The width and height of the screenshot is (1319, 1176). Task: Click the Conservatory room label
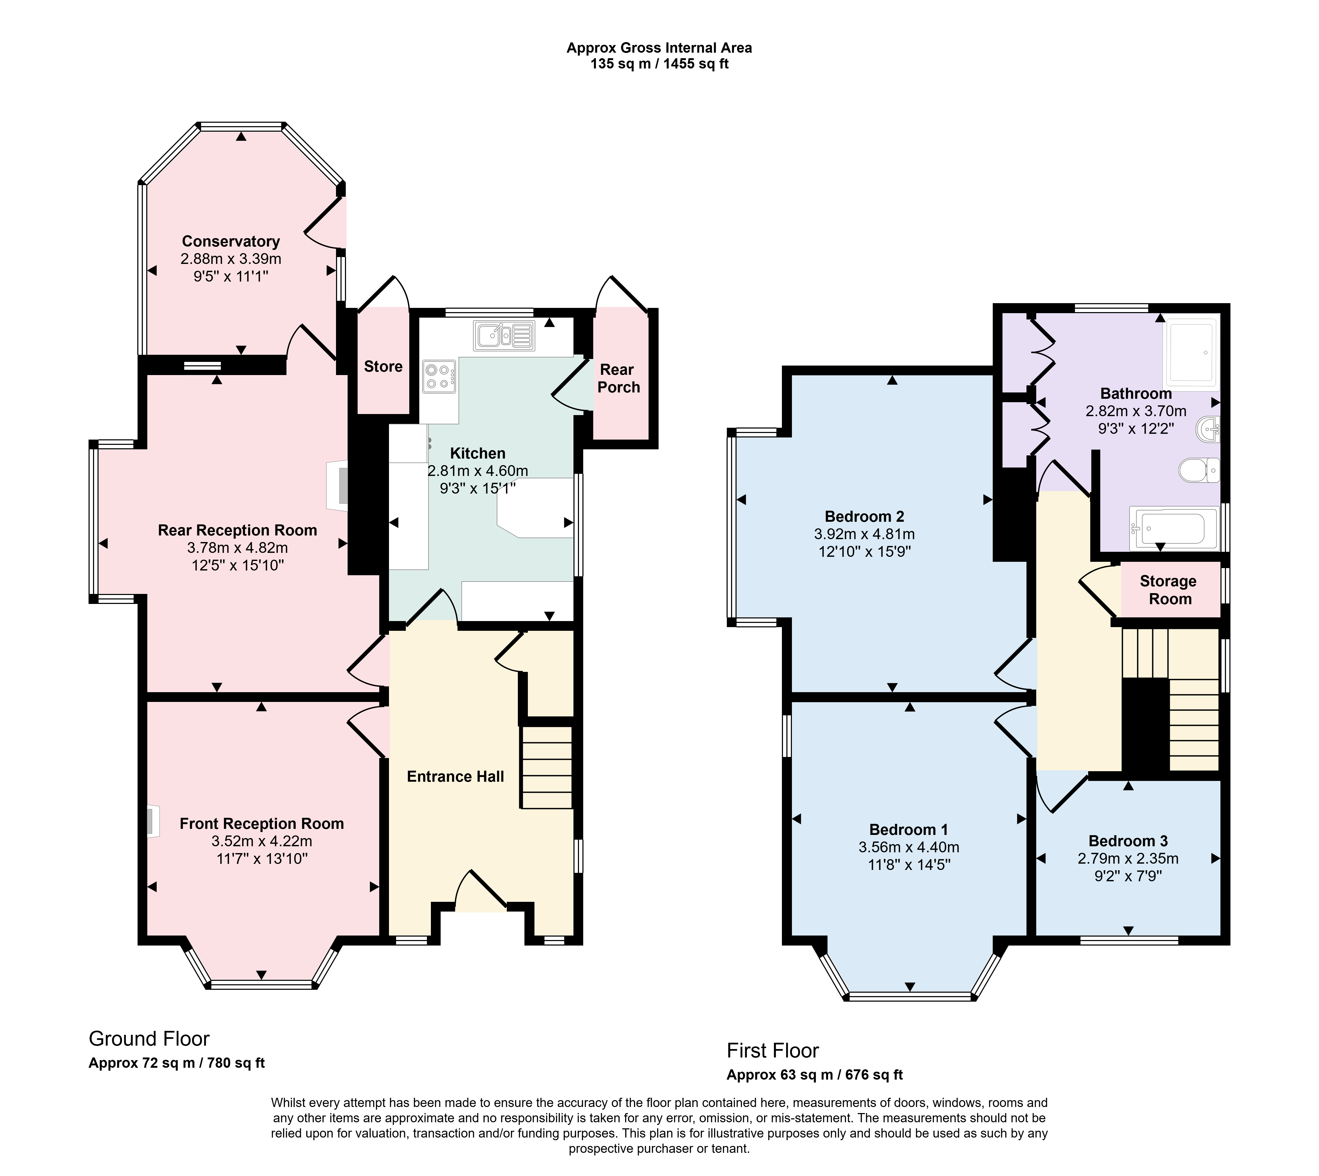[x=231, y=241]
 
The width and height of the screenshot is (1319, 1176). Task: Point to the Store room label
[x=383, y=366]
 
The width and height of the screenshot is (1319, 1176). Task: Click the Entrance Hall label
[x=455, y=777]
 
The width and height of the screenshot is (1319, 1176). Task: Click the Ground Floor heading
[x=149, y=1038]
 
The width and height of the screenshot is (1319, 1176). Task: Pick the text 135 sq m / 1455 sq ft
[x=659, y=64]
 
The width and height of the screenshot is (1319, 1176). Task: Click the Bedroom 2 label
[x=864, y=516]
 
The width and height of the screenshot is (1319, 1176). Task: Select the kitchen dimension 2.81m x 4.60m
[x=478, y=471]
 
